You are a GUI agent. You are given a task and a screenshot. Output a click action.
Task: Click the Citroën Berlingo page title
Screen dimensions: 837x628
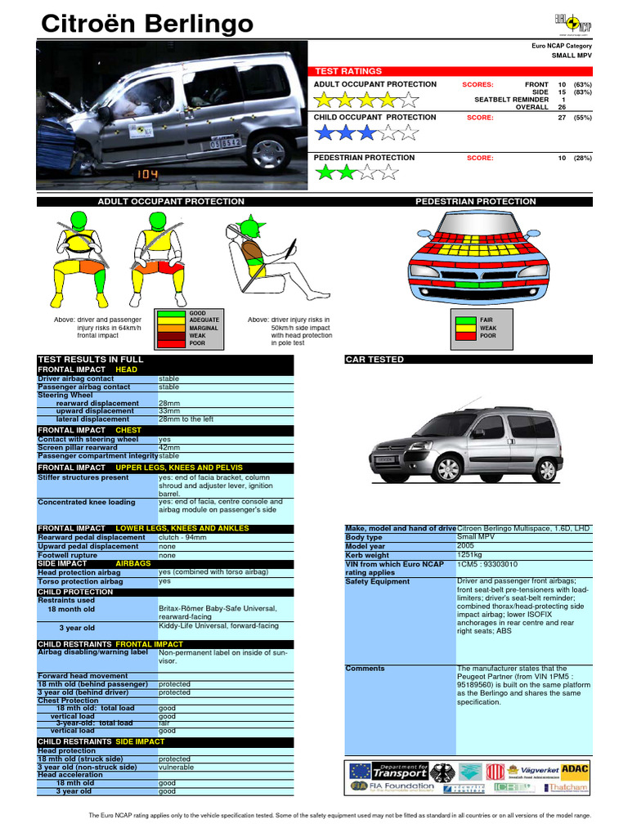147,25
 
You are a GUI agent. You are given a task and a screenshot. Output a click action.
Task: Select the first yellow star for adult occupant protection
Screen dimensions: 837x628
326,100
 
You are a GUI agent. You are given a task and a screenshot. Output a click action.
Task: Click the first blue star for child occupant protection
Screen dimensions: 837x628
326,132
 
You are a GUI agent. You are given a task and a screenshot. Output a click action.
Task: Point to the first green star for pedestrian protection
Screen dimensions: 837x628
326,172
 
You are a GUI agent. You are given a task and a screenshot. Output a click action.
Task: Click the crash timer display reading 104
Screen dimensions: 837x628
147,174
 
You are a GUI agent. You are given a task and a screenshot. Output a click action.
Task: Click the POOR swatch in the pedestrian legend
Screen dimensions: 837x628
465,335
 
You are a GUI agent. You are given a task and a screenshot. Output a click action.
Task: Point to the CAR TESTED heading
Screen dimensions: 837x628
375,360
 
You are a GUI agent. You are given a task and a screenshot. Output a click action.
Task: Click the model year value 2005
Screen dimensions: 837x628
466,546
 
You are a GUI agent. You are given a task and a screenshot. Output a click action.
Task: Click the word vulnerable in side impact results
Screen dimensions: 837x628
176,768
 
